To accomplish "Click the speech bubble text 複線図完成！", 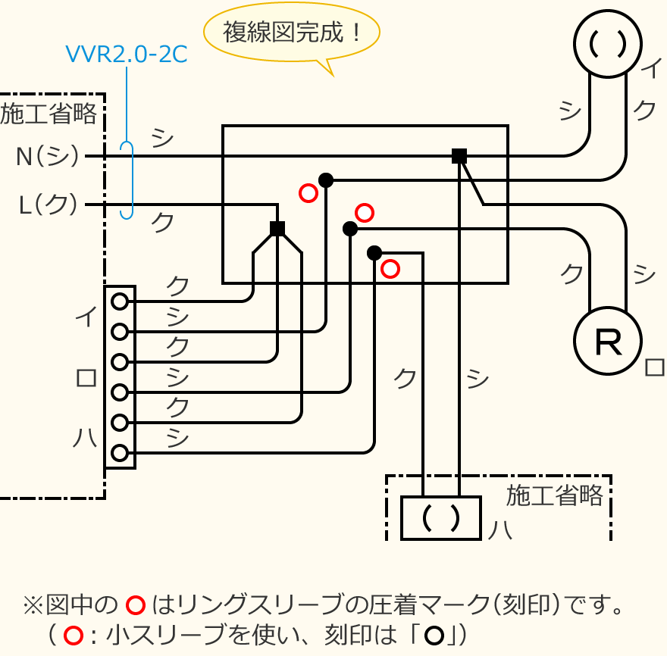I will coord(292,33).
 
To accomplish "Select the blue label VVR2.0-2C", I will coord(126,55).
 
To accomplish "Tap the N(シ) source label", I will coord(47,157).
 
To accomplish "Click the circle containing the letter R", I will coord(608,341).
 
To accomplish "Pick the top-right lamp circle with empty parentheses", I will coord(608,44).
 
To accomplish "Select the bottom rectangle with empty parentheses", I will coord(441,518).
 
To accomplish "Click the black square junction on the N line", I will coord(459,156).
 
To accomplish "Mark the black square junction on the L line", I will coord(277,229).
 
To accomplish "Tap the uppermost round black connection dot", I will coord(326,180).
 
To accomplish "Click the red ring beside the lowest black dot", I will coord(390,268).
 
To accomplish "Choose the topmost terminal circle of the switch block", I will coord(120,301).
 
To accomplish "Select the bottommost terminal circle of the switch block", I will coord(120,453).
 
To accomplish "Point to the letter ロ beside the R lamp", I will coord(653,367).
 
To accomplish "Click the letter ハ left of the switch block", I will coord(85,438).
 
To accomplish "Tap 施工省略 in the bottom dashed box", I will coord(555,495).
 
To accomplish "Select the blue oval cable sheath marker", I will coord(127,180).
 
